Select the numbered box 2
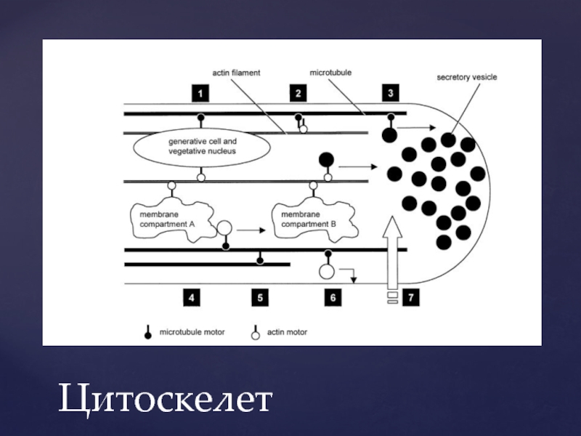[298, 93]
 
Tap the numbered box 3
[391, 93]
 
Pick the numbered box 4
[191, 297]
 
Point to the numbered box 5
[260, 297]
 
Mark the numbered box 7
[411, 297]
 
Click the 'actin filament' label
[236, 73]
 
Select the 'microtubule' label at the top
[330, 73]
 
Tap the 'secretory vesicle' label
[466, 77]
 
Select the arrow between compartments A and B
[251, 230]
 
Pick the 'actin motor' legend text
[287, 332]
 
